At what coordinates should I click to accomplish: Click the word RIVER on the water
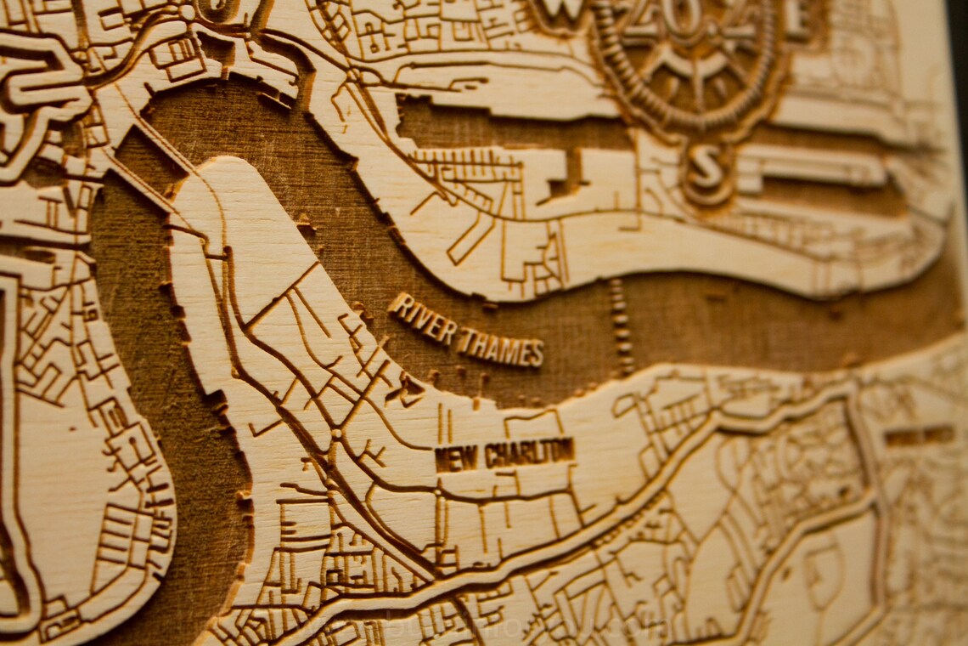(423, 318)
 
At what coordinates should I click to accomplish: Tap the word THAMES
(500, 347)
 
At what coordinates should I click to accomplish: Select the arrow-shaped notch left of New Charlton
(409, 388)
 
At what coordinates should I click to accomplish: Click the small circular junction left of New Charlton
(336, 434)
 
